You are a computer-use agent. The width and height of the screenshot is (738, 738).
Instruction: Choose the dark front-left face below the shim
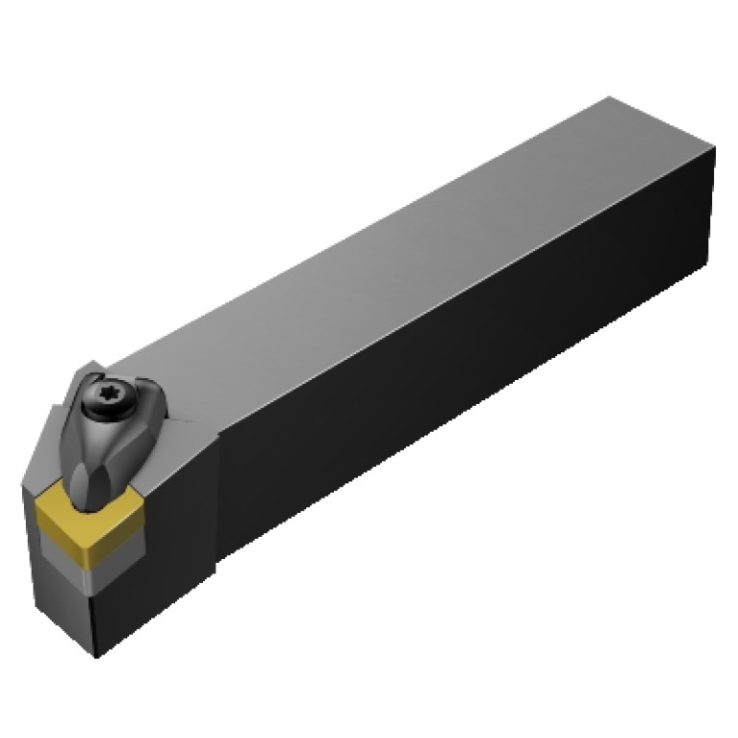[x=58, y=606]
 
